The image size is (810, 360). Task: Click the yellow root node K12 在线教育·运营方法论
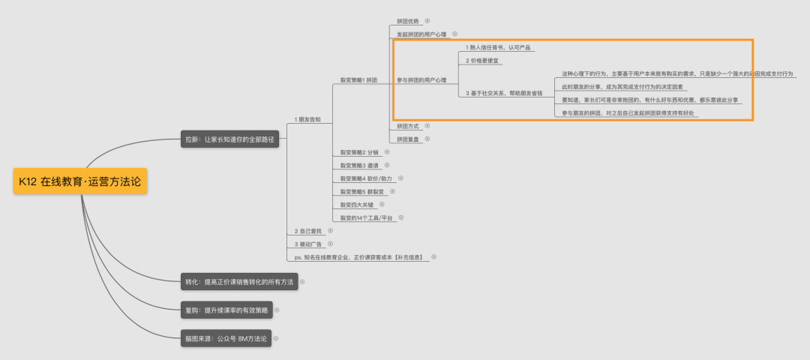[x=80, y=181]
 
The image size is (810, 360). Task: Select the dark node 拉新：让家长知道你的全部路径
[x=230, y=139]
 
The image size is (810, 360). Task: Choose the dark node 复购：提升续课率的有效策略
[x=226, y=310]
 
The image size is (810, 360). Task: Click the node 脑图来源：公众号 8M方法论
[x=226, y=338]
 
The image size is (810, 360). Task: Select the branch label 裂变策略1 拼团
[x=358, y=79]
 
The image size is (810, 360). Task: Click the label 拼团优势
[x=408, y=21]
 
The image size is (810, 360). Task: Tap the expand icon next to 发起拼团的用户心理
[x=455, y=34]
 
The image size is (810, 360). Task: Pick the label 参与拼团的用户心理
[x=421, y=79]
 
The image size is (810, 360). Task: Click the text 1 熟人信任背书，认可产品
[x=498, y=47]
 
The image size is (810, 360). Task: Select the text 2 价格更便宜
[x=482, y=61]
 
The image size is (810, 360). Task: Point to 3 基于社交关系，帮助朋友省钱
[x=504, y=93]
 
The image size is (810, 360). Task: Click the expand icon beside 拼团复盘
[x=427, y=139]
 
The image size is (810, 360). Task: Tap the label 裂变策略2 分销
[x=359, y=152]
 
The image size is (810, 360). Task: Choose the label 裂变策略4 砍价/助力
[x=366, y=178]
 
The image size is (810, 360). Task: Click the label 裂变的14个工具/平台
[x=367, y=217]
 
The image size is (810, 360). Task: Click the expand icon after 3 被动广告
[x=330, y=244]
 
